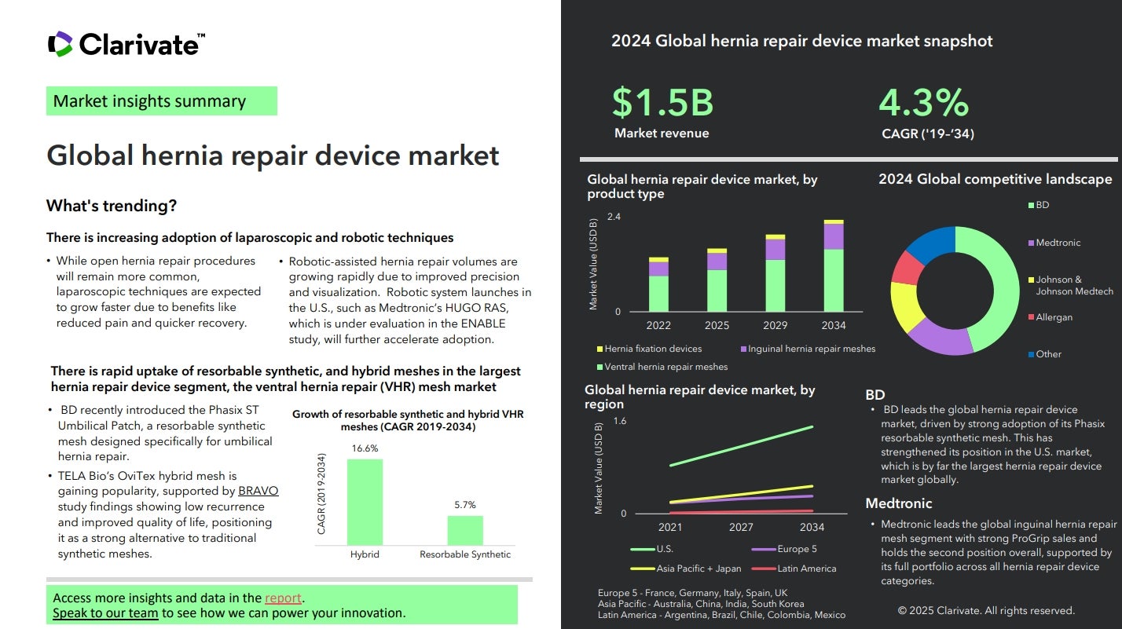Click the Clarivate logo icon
[60, 44]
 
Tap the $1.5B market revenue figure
[662, 103]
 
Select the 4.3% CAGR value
[923, 103]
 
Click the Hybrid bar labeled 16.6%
[365, 502]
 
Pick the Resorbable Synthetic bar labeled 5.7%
[465, 530]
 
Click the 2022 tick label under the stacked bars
[658, 325]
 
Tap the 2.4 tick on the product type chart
[613, 217]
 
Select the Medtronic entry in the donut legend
[1058, 243]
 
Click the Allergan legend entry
[1053, 317]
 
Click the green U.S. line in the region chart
[741, 446]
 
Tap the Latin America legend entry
[805, 569]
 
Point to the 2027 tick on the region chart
[741, 528]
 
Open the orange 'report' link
[283, 598]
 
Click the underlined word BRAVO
[258, 492]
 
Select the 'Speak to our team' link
[105, 613]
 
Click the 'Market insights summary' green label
[161, 101]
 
